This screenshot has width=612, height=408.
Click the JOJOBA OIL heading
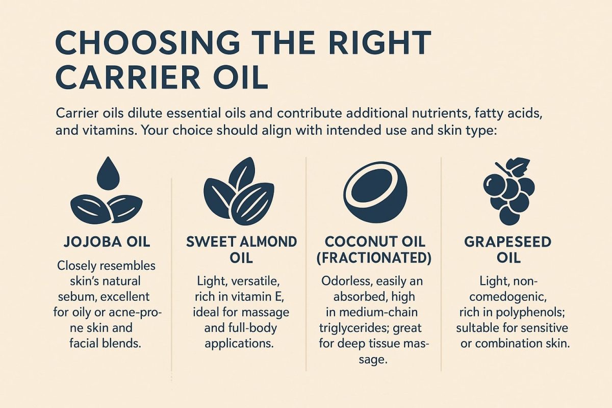pyautogui.click(x=107, y=241)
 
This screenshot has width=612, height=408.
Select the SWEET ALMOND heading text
pyautogui.click(x=241, y=241)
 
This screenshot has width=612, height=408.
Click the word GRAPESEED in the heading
pyautogui.click(x=507, y=241)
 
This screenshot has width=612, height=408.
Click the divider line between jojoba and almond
pyautogui.click(x=171, y=270)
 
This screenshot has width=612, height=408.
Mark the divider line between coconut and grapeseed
pyautogui.click(x=441, y=265)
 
